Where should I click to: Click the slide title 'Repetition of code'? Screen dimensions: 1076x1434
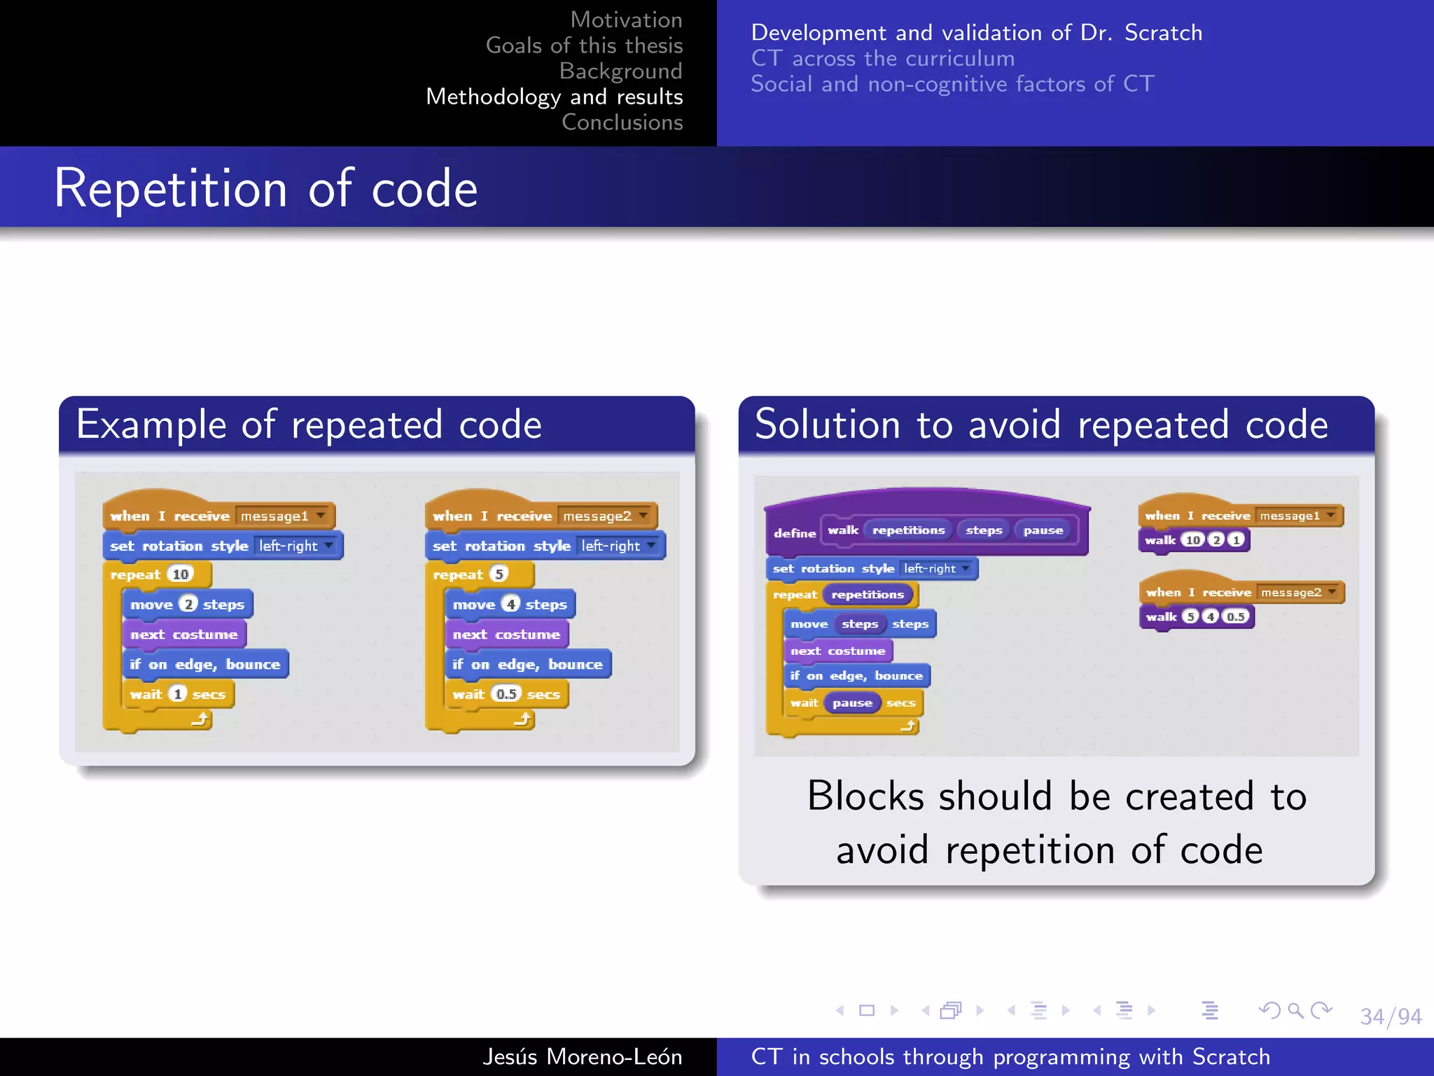266,189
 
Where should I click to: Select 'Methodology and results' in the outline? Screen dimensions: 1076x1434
554,97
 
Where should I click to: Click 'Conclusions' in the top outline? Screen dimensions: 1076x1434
622,123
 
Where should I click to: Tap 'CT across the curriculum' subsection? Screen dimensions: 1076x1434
882,59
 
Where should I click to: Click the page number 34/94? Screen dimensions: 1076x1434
1390,1016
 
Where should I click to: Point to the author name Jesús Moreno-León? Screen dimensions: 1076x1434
582,1056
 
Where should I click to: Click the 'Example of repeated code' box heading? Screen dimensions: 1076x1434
309,425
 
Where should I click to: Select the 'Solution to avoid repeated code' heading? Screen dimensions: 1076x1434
1041,425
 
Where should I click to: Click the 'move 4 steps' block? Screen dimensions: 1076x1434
509,605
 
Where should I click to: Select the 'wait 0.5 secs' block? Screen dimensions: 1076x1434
506,694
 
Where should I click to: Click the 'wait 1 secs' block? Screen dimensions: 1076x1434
177,694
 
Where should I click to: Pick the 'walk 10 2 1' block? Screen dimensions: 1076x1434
1194,540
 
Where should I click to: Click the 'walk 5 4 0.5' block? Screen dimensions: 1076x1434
1196,616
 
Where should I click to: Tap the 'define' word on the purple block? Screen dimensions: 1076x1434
794,533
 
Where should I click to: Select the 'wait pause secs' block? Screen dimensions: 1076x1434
852,703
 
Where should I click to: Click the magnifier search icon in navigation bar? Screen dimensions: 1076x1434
1295,1010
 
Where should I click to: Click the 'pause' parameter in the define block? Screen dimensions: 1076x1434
1043,530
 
